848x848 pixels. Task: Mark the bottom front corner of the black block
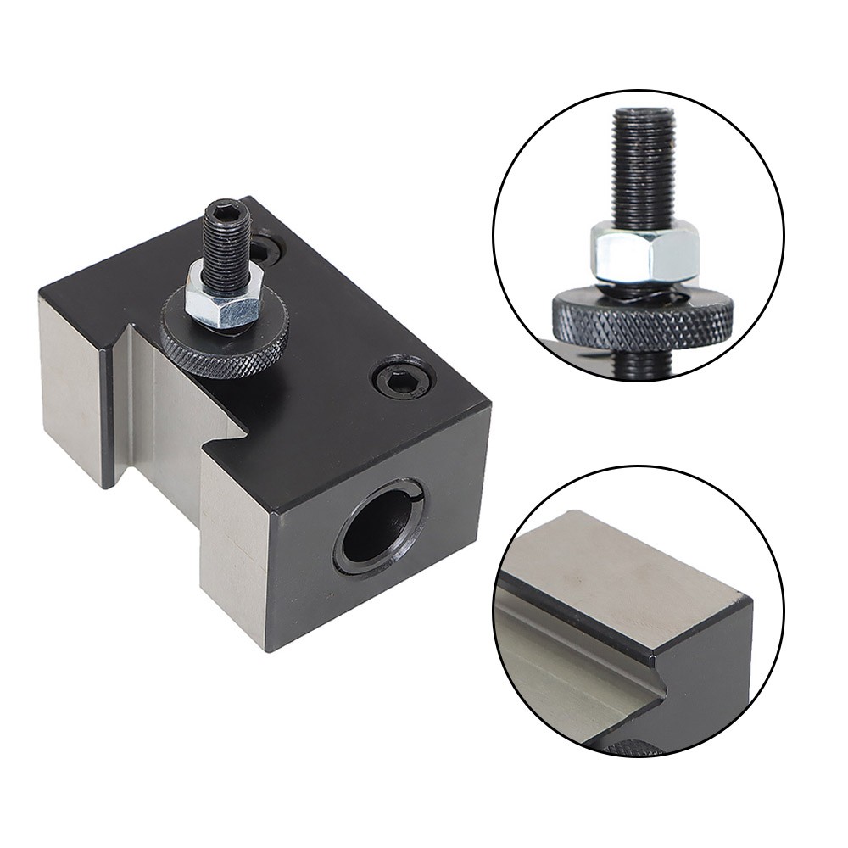pyautogui.click(x=270, y=649)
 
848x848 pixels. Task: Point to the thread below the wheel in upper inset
pyautogui.click(x=649, y=360)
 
